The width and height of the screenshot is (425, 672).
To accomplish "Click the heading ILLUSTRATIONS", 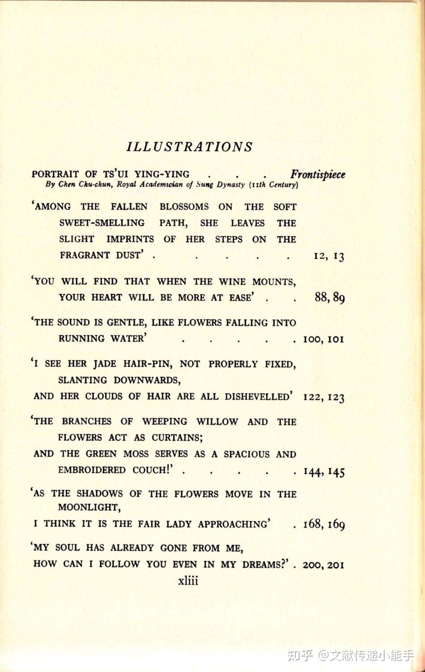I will point(189,147).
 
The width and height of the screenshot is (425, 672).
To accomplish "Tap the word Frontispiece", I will point(318,174).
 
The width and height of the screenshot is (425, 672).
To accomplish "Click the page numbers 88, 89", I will point(329,298).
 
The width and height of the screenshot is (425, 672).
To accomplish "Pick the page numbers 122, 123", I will point(324,397).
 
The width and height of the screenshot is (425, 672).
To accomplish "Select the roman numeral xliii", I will point(188,581).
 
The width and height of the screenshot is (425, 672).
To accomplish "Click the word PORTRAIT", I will point(55,174).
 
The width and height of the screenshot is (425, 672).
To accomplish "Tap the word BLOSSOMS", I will point(184,207).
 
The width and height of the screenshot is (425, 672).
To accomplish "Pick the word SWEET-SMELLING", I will point(102,223).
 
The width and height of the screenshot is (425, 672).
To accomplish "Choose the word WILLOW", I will point(217,422).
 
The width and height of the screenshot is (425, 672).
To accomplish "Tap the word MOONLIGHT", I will point(89,508).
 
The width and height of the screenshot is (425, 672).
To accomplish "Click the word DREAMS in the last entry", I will point(265,565).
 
